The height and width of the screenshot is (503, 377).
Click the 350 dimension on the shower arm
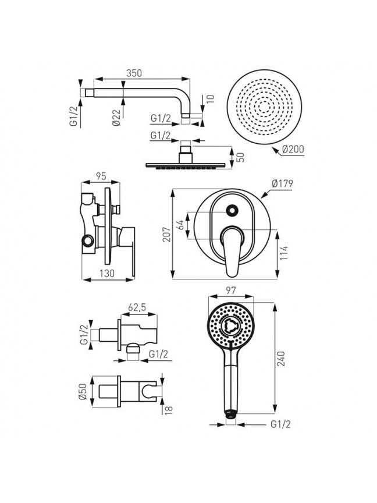(134, 73)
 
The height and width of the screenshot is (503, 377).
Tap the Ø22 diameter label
(116, 118)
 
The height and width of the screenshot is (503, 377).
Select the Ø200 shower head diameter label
(293, 149)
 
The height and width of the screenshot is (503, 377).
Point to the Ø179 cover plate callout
(282, 183)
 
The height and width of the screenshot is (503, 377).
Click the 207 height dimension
(166, 235)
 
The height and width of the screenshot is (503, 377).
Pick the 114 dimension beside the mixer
(284, 253)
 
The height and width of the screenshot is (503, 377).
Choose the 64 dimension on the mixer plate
(181, 225)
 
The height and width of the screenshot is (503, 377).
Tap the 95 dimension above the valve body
(101, 176)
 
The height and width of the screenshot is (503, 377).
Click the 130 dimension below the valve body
(106, 273)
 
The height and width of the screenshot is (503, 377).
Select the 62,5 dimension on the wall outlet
(137, 307)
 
